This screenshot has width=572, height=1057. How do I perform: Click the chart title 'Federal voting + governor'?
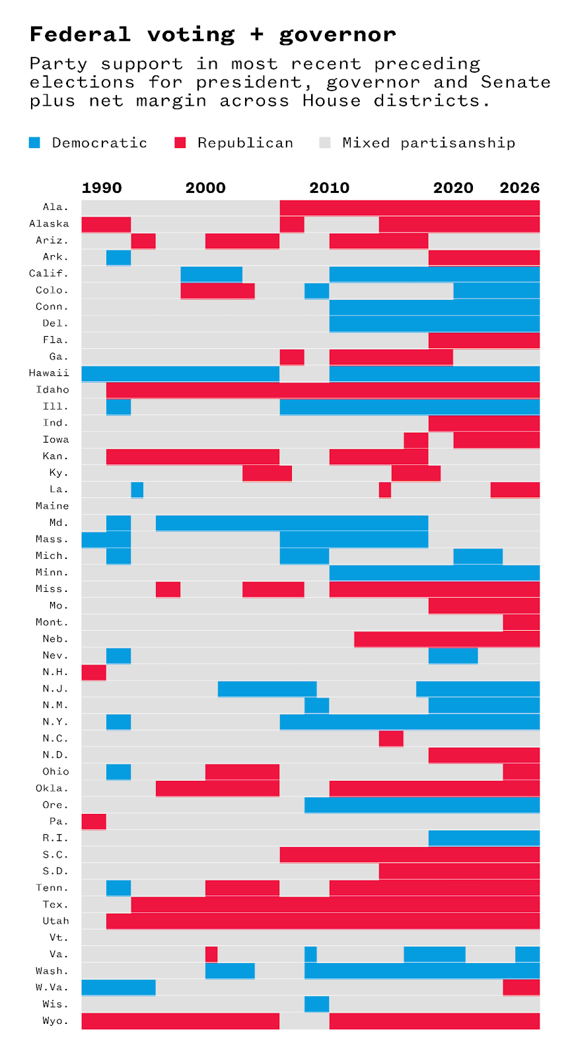213,34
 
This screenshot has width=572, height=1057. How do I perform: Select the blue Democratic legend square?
35,143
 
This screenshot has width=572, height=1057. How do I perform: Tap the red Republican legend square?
180,143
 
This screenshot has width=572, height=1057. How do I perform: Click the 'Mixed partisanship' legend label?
429,143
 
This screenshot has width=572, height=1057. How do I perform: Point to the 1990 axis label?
102,188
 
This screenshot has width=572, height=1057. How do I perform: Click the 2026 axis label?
519,188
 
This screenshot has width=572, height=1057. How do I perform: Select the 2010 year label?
330,188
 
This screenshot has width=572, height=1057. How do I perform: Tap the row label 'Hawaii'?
49,373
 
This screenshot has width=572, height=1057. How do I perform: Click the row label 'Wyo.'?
55,1021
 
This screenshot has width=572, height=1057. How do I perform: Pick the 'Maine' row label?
52,506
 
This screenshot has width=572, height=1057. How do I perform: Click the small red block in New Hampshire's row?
94,672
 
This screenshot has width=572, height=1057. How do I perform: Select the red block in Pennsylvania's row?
94,821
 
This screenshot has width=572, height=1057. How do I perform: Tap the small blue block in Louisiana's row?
137,490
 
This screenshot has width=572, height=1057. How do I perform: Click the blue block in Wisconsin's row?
316,1004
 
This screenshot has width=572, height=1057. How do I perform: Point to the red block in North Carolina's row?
391,739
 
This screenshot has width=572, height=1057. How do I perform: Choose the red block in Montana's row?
521,622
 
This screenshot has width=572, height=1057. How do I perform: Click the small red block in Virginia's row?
211,954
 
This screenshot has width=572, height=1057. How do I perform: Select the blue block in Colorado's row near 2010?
316,291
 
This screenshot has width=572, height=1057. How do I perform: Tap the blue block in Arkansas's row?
118,257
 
